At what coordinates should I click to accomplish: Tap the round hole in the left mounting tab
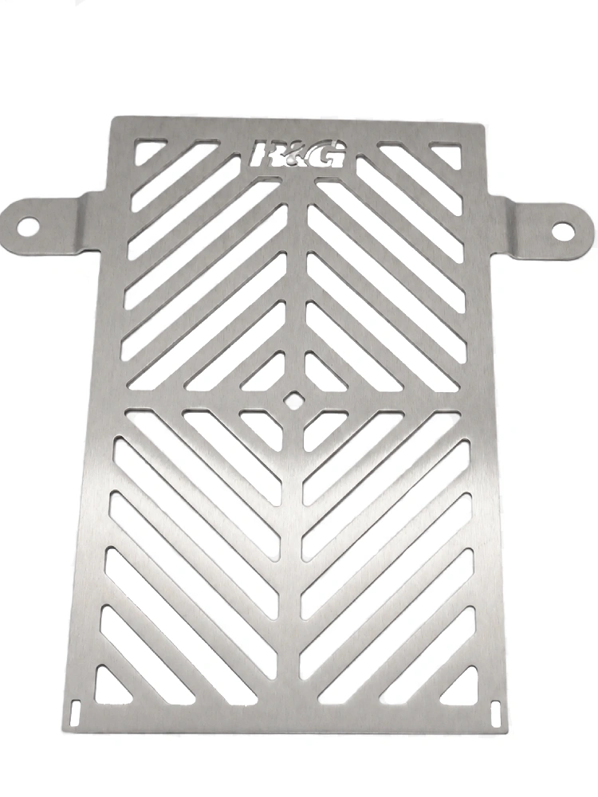(x=29, y=226)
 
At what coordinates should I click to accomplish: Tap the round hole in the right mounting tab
(x=564, y=232)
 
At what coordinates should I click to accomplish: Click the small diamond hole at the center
(x=293, y=399)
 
